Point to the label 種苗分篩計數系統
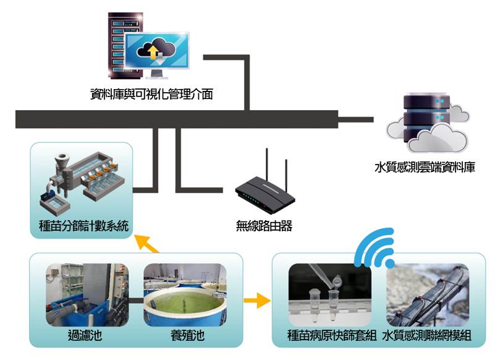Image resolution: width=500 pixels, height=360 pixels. pos(82,226)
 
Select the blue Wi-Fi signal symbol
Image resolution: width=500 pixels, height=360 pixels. pos(375,247)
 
